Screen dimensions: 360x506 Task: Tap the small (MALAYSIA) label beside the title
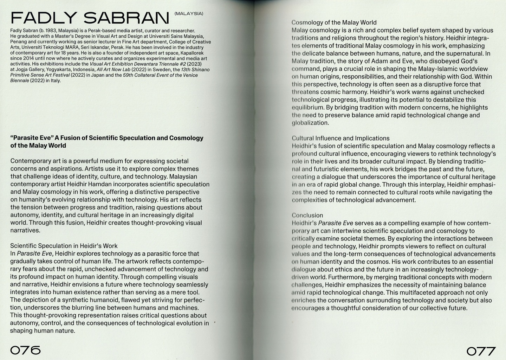click(x=189, y=14)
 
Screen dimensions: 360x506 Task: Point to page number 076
click(x=25, y=350)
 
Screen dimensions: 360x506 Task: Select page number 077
click(x=481, y=351)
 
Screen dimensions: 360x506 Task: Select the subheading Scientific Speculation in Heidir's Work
click(x=64, y=246)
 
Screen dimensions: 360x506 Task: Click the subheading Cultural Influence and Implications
click(x=340, y=138)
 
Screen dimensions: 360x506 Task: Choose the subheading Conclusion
click(x=307, y=215)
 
